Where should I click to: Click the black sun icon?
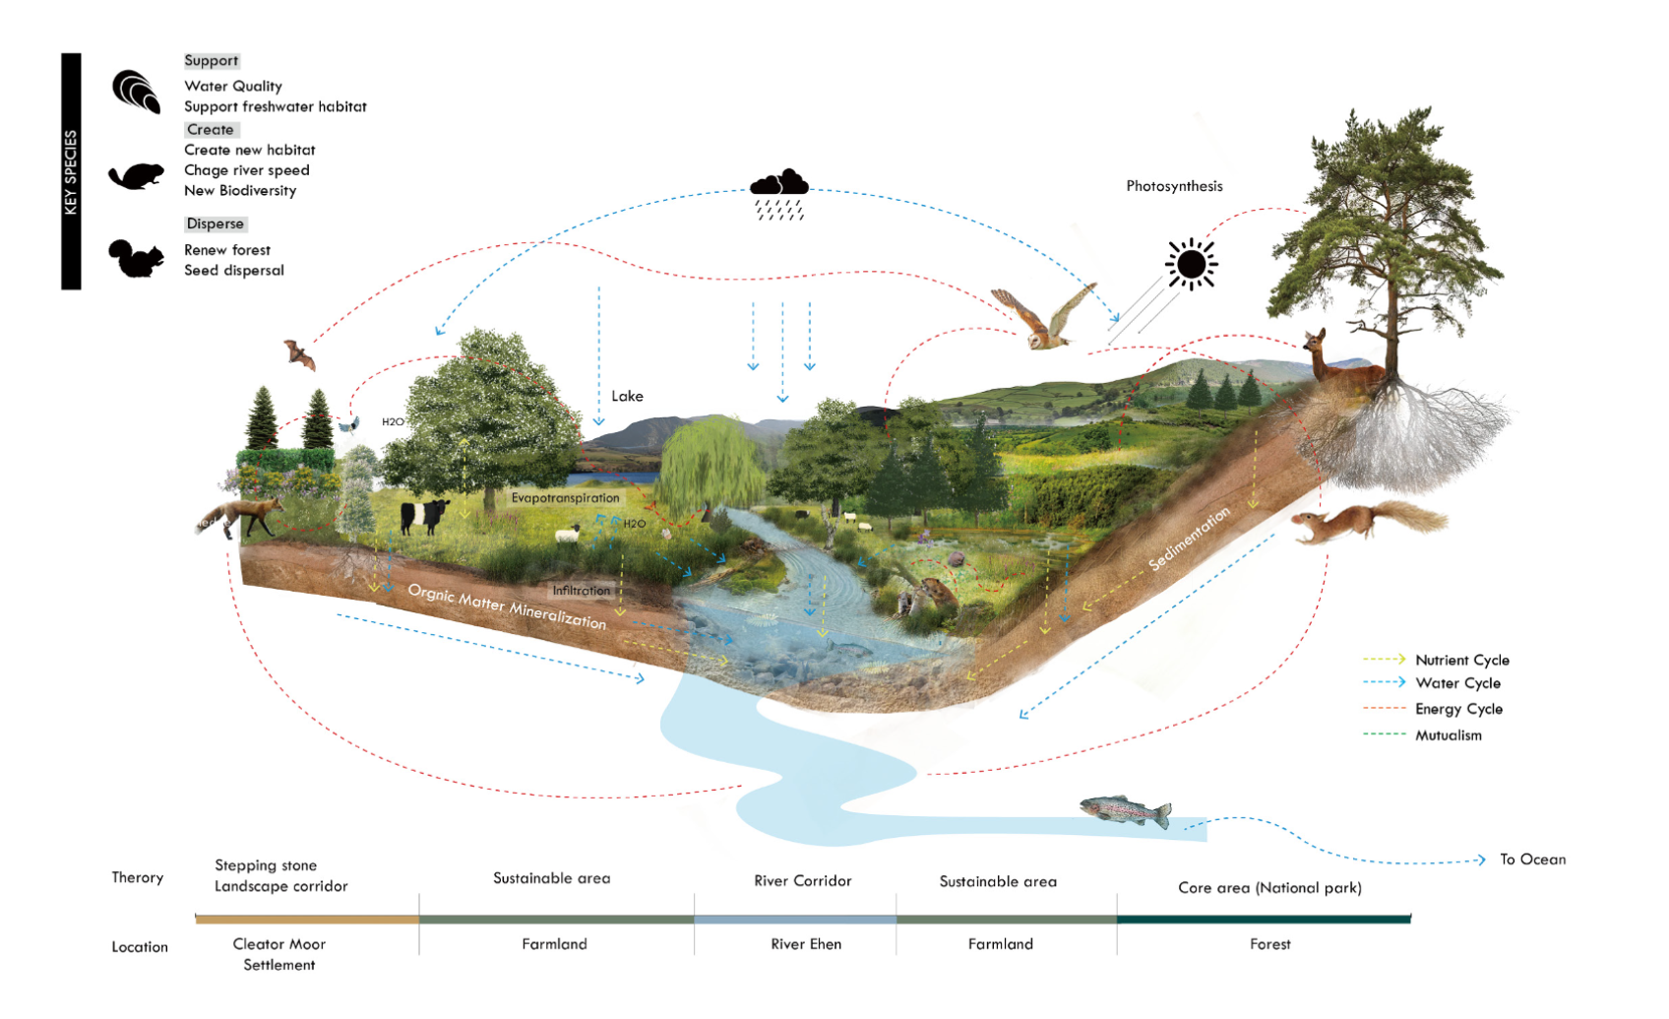pos(1191,265)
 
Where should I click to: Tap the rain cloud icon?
pos(779,194)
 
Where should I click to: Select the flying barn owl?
pos(1045,317)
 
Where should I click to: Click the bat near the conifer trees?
pos(299,354)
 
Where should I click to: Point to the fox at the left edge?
pos(240,517)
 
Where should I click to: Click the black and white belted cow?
pos(425,516)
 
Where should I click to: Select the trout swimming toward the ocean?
pos(1126,811)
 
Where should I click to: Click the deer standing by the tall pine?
pos(1341,357)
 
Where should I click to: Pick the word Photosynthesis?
pos(1174,186)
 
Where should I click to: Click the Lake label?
pos(628,397)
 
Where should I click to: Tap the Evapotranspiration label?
pos(566,498)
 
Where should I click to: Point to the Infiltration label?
pos(582,591)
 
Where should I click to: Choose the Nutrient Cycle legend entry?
pos(1462,660)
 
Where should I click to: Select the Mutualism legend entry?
pos(1449,735)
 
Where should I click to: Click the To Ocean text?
pos(1532,860)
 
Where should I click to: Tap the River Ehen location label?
pos(806,944)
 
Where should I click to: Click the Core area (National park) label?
pos(1269,888)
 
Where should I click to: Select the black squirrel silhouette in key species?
pos(136,259)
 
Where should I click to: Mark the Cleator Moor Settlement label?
pos(279,954)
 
